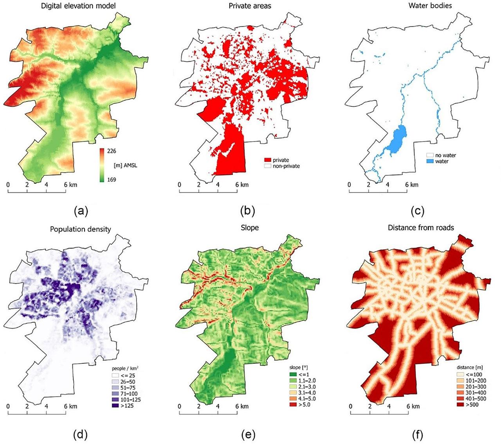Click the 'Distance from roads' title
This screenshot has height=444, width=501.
tap(421, 227)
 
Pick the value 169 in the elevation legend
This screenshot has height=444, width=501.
tap(112, 180)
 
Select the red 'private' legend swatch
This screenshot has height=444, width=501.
tap(268, 160)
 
